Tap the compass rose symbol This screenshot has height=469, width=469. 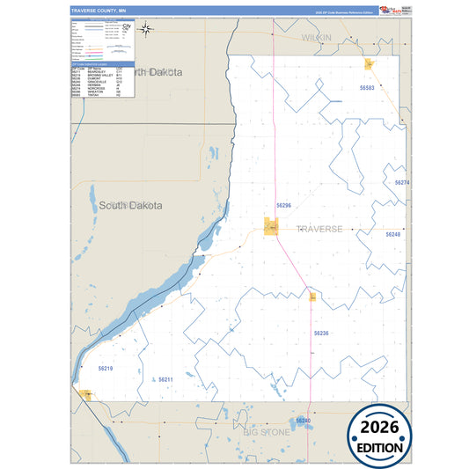146,29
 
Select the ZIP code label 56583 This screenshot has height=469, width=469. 367,88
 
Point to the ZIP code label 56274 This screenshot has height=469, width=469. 402,182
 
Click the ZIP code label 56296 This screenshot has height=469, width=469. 283,205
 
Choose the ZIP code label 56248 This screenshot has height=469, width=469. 392,235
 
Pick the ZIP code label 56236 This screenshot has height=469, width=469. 321,333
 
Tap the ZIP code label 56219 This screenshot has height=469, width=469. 106,368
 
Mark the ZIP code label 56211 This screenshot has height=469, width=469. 165,379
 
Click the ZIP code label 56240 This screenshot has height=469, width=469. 304,421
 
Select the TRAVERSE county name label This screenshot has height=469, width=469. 319,229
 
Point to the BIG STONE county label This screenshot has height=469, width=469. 269,433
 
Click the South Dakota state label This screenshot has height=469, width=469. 130,205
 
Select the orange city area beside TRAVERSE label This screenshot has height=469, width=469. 273,227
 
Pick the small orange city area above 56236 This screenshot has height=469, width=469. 311,297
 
